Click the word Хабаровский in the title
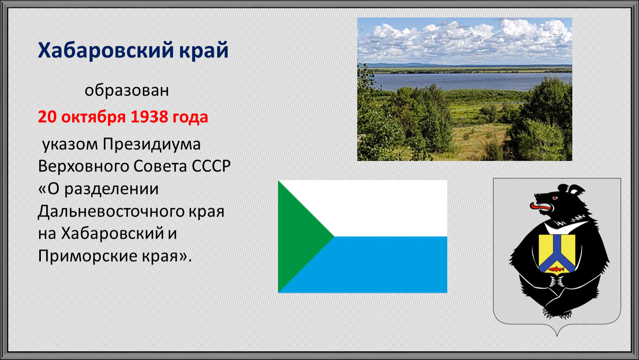[106, 51]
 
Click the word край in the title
[204, 51]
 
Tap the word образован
[127, 90]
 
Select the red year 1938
[149, 117]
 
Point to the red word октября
[93, 117]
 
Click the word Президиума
[152, 145]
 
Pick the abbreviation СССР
[211, 166]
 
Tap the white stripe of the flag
[391, 208]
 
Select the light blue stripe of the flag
[391, 265]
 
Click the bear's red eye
[554, 197]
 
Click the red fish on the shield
[556, 269]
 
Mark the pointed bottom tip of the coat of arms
[557, 336]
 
